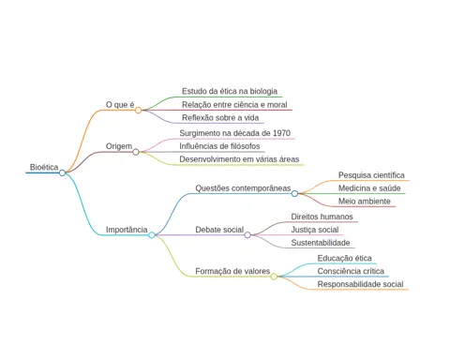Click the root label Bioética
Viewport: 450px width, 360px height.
(44, 167)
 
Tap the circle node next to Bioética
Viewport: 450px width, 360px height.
(63, 172)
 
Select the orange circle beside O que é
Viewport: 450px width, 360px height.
(138, 110)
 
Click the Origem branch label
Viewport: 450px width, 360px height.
(119, 146)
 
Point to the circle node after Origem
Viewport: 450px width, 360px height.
(136, 152)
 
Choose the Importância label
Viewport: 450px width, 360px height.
(127, 230)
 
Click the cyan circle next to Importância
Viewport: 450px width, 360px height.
(152, 235)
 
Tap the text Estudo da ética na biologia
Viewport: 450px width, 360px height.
(230, 91)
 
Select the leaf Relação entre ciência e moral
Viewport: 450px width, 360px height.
(234, 105)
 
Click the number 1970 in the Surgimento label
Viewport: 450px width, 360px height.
(281, 133)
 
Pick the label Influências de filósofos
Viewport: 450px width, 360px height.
(219, 146)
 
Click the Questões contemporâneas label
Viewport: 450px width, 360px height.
(243, 188)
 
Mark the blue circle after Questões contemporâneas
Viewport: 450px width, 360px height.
(294, 194)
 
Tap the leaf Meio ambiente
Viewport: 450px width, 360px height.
(365, 202)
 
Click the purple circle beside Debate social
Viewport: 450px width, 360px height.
(247, 235)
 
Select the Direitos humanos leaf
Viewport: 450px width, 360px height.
(322, 217)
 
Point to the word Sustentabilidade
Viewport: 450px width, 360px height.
(321, 243)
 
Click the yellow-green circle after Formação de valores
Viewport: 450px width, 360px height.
(274, 277)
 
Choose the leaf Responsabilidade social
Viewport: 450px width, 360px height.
(360, 284)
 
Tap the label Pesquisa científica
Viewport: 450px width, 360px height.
(371, 175)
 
